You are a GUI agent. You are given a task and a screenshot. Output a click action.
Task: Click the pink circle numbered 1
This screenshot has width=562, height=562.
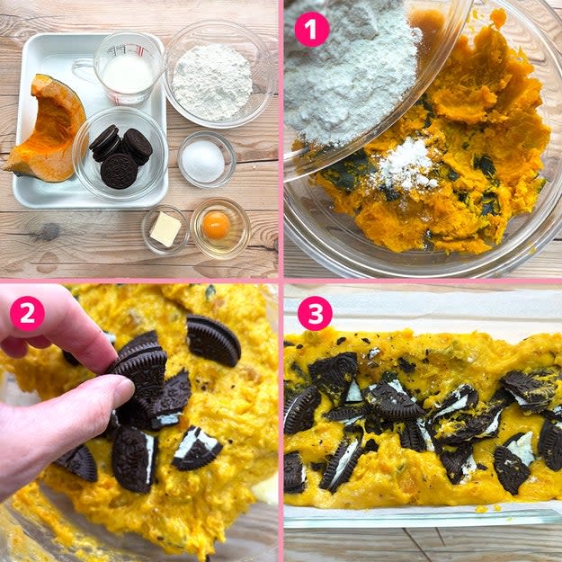click(311, 30)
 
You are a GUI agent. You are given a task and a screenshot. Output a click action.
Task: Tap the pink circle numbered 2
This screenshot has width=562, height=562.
click(27, 314)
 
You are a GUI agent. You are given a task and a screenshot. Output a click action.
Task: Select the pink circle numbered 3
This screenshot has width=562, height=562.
click(315, 313)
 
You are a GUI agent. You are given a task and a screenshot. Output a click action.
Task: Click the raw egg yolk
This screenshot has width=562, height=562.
click(216, 225)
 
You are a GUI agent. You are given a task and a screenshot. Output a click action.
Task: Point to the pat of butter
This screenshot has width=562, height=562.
click(165, 229)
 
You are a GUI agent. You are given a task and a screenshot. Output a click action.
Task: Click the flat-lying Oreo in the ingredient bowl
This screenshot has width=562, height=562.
click(119, 171)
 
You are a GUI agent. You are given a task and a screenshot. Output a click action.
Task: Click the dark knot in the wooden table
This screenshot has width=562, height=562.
click(49, 231)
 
